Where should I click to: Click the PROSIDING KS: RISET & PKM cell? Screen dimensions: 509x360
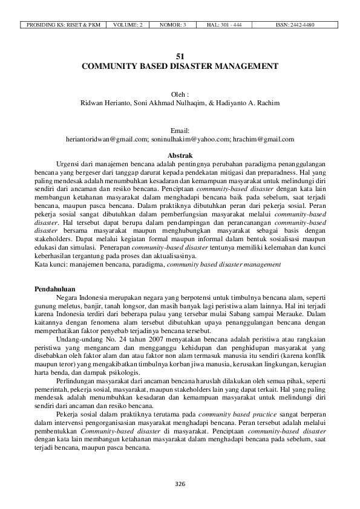(x=62, y=25)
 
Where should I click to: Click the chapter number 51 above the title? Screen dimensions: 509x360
(x=180, y=55)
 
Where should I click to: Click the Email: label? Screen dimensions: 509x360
(x=180, y=131)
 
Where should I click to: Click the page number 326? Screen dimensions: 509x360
(x=180, y=484)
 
